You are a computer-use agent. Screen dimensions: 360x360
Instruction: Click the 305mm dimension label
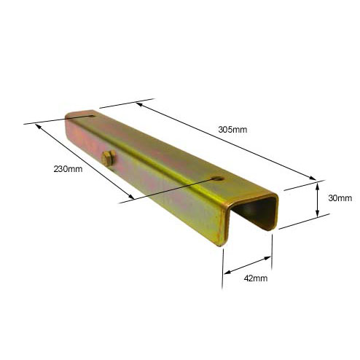coord(232,130)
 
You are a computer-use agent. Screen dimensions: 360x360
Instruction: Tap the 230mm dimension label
coord(68,169)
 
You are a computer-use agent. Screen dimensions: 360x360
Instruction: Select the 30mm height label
coord(340,198)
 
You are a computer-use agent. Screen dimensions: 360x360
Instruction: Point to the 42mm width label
coord(256,278)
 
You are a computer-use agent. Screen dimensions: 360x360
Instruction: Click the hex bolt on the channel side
coord(109,158)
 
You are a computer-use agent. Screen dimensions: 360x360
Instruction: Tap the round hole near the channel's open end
coord(218,179)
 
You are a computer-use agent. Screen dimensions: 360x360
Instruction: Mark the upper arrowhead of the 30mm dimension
coord(317,187)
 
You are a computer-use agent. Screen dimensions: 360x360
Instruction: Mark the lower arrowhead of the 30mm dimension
coord(317,214)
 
